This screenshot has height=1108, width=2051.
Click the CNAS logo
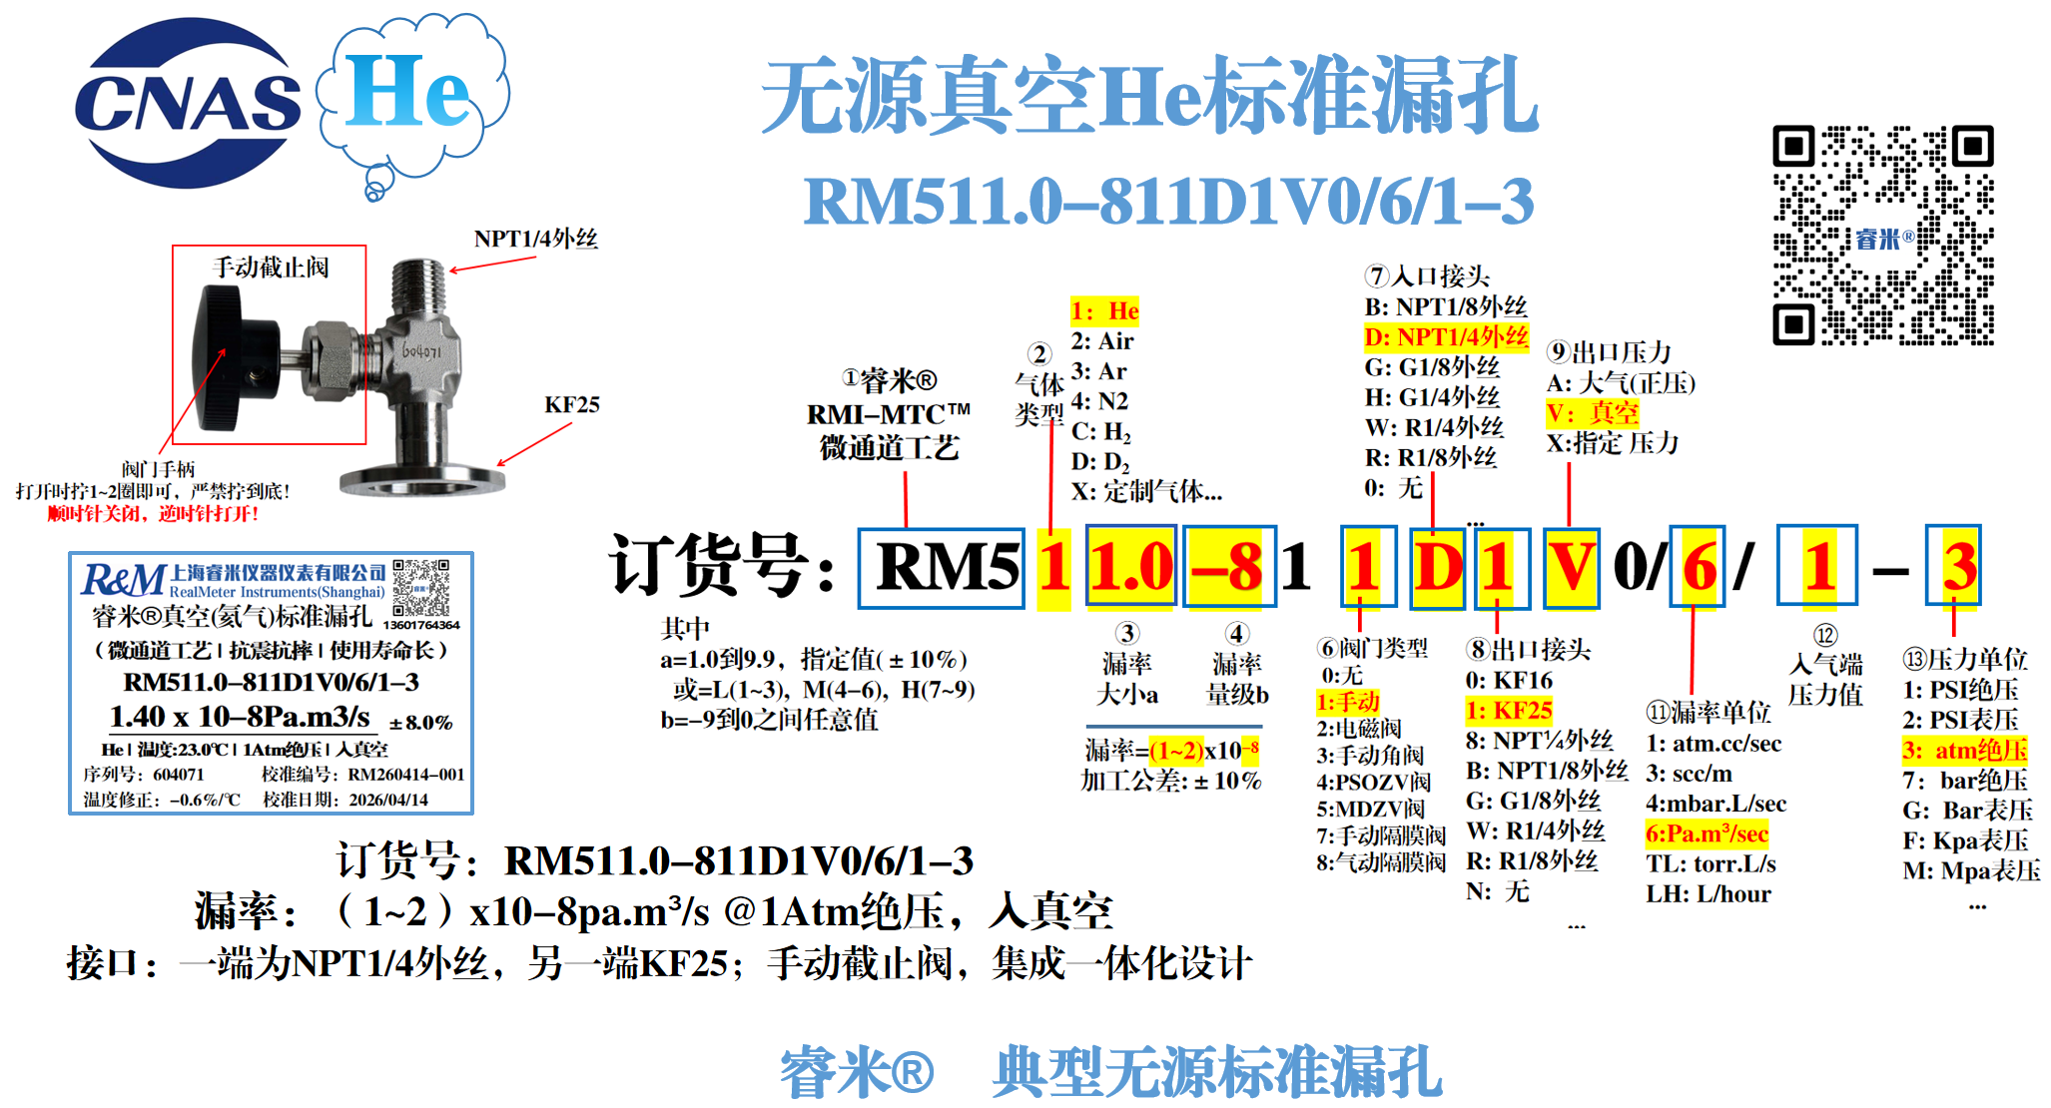pos(188,103)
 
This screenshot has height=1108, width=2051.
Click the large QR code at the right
pos(1882,236)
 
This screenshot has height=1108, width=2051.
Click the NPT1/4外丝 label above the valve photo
pos(535,239)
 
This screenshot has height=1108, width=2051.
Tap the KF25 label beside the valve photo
pos(571,404)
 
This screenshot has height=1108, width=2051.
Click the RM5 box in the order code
pos(941,568)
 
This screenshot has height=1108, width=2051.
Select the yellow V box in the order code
pos(1571,568)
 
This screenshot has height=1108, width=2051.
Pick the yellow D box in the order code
pos(1437,568)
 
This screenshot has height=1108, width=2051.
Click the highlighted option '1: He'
pos(1104,311)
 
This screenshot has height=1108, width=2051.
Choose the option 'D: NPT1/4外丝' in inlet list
pos(1446,337)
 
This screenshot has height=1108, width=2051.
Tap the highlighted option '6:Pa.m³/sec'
pos(1707,833)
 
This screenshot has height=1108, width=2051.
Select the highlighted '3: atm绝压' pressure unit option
pos(1964,750)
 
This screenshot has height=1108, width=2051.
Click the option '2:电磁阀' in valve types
pos(1358,729)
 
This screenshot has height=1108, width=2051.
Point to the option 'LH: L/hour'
pos(1708,894)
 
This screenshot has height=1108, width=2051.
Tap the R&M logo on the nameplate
pos(123,580)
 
